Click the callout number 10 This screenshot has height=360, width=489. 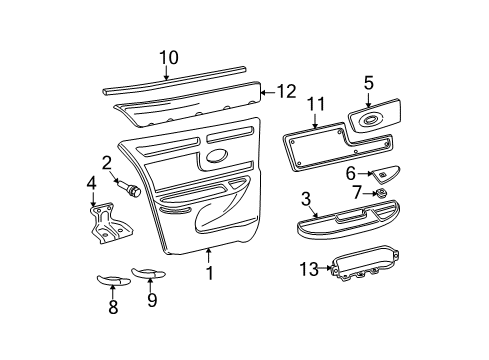pos(167,57)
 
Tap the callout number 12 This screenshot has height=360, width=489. pos(287,91)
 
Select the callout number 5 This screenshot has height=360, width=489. pos(368,82)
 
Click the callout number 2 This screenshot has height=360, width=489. pos(106,162)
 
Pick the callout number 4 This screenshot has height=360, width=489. pos(92,183)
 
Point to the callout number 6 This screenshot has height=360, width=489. pos(352,173)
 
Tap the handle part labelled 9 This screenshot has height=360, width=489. pos(148,271)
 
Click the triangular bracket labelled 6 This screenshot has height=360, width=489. pos(384,172)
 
